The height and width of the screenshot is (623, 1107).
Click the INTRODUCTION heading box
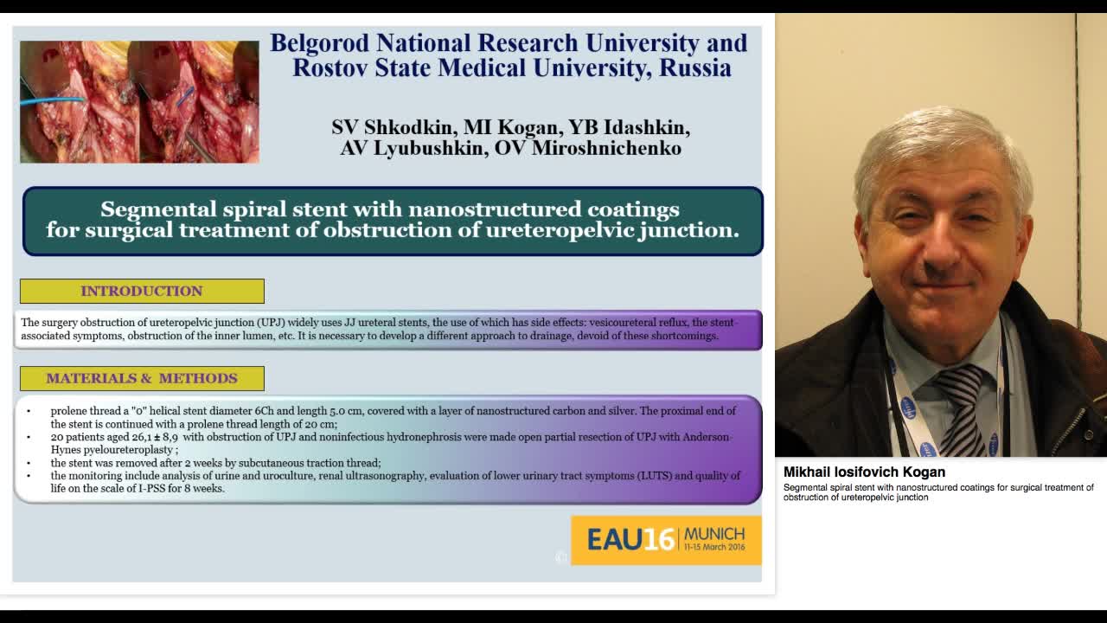(x=142, y=291)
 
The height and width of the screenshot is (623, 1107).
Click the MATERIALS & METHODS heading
(x=142, y=378)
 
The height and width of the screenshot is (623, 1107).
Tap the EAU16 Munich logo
(x=666, y=540)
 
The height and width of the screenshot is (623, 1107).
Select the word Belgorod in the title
(x=319, y=43)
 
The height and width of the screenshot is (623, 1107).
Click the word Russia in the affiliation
(x=695, y=68)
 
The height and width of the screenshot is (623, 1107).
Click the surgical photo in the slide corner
(x=139, y=101)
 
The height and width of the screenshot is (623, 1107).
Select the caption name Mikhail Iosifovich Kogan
(x=864, y=472)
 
